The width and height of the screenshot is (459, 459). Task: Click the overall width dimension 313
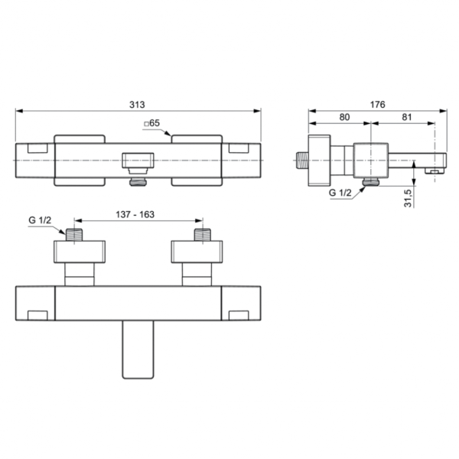coord(138,103)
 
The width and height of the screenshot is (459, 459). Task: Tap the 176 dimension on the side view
coord(378,103)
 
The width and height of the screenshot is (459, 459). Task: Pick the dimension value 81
coord(406,118)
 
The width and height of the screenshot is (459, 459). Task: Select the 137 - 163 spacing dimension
coord(138,215)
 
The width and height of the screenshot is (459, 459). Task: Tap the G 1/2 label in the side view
coord(340,194)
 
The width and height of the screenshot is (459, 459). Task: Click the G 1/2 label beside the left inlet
coord(40,220)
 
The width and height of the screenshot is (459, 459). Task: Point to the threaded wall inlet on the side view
coord(301,161)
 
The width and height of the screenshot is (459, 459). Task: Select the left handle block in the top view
coord(79,159)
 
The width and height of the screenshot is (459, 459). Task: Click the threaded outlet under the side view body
coord(371,181)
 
